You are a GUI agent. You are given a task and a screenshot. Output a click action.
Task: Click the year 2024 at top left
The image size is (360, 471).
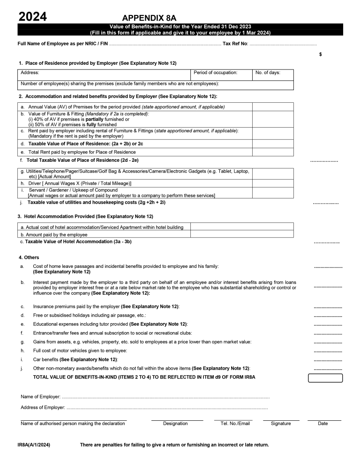(x=32, y=17)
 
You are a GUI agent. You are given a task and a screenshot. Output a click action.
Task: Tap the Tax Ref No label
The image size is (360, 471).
(x=235, y=44)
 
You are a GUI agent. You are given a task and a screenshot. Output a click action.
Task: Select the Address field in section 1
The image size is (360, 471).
(x=105, y=75)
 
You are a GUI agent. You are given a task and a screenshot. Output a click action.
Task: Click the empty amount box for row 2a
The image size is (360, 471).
(x=273, y=107)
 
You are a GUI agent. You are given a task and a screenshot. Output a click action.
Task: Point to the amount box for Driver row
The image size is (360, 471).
(x=273, y=183)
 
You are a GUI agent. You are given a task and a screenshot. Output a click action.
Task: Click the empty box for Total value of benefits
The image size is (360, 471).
(x=325, y=378)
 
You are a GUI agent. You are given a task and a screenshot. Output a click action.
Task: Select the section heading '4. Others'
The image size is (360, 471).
(x=29, y=258)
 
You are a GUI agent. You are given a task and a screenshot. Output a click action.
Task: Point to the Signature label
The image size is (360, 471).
(x=281, y=424)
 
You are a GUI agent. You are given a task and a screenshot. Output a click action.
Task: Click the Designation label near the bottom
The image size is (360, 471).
(x=175, y=424)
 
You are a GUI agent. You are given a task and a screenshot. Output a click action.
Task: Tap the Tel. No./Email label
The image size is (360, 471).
(x=235, y=424)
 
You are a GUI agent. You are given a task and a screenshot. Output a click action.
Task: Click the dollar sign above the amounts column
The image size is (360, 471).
(x=320, y=54)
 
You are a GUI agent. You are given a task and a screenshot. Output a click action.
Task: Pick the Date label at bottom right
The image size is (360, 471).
(x=323, y=424)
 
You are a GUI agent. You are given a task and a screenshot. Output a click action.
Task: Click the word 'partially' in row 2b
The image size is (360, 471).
(x=96, y=120)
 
